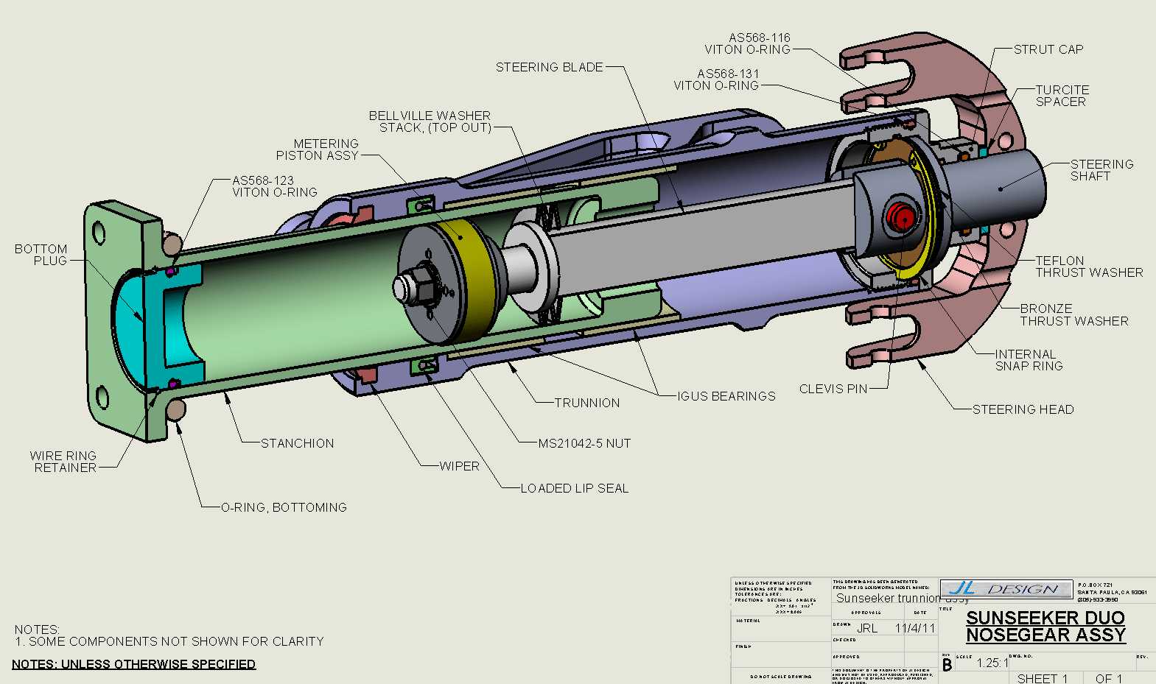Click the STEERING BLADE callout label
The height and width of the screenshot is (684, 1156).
click(549, 67)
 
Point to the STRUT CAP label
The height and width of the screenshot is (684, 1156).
click(1048, 49)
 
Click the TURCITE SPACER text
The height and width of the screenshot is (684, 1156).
click(1062, 96)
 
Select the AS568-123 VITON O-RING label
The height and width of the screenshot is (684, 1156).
click(274, 186)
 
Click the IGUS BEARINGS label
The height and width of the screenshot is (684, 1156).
click(726, 396)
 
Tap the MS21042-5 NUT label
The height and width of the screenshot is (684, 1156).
click(584, 443)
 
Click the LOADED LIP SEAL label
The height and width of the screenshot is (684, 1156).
click(574, 488)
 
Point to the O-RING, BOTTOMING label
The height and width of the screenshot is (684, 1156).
click(284, 507)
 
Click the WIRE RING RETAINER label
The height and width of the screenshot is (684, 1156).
click(64, 462)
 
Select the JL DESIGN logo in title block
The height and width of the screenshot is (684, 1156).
click(1006, 589)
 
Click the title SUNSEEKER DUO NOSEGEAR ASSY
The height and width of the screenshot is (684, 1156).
click(1045, 627)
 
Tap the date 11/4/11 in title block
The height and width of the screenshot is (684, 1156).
click(914, 628)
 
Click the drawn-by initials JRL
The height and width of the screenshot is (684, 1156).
click(867, 628)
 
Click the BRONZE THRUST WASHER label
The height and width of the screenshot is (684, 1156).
click(1073, 315)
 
